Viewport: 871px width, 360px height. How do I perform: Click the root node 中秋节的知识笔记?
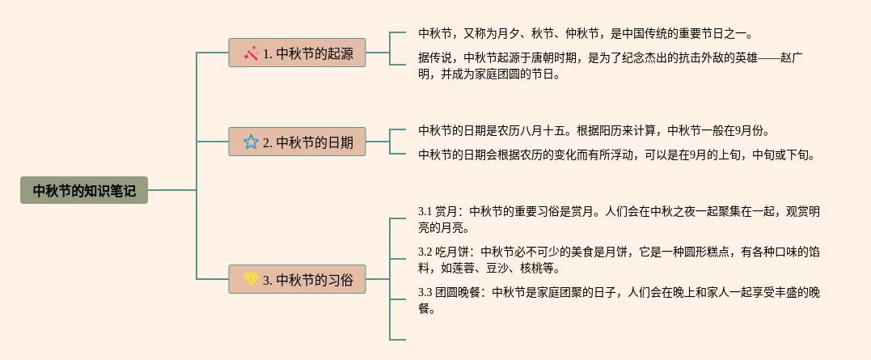coord(84,190)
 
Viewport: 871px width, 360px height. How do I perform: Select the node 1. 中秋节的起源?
coord(297,53)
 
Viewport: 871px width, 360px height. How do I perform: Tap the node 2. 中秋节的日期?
coord(297,142)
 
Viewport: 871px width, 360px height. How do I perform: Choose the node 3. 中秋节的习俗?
coord(297,279)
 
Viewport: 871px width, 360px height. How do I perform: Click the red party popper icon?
coord(251,53)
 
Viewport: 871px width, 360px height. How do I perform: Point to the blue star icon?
coord(251,142)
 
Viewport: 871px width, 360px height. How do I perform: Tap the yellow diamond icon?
coord(251,279)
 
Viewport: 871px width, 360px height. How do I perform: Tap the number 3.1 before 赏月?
coord(426,212)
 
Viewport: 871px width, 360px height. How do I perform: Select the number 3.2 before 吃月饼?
coord(426,252)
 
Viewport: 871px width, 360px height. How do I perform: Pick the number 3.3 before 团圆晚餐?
coord(426,292)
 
